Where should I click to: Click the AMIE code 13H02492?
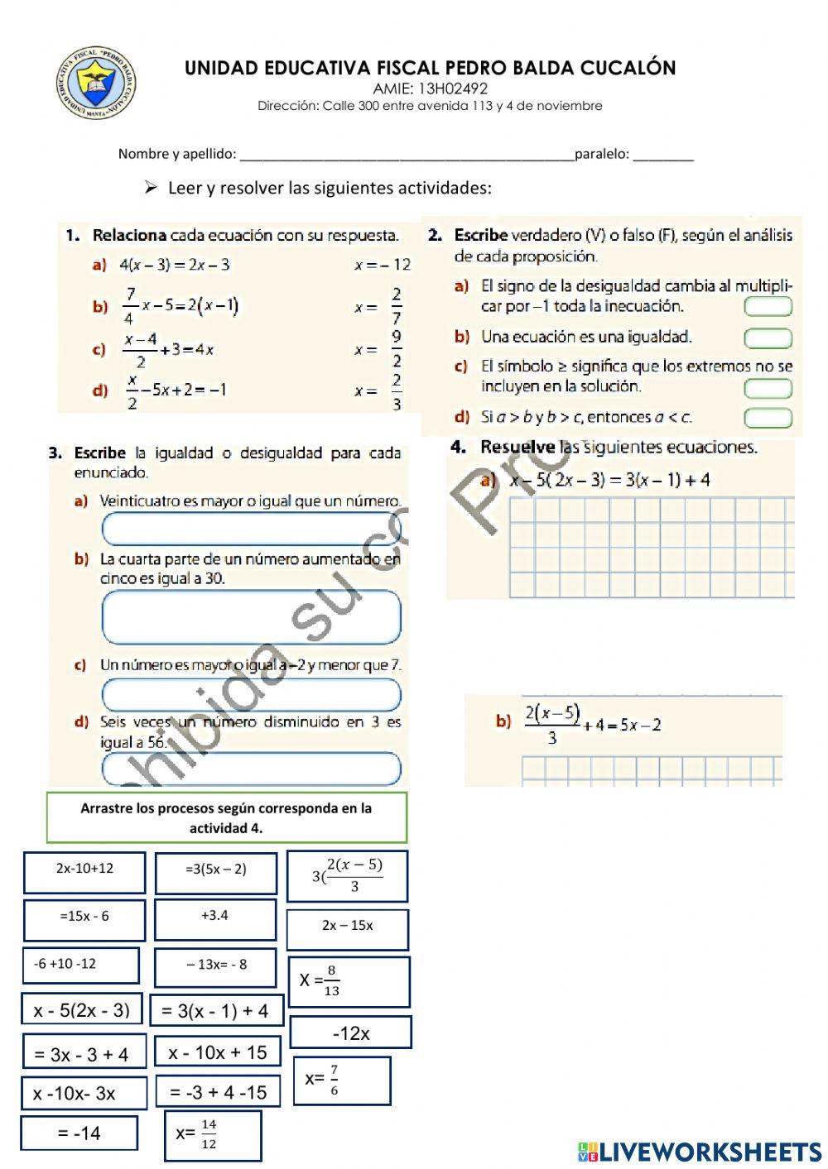[x=430, y=89]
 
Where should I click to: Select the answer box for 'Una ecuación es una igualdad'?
[x=768, y=338]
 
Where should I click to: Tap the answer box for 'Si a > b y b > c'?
[x=768, y=418]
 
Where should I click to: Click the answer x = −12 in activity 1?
[x=382, y=265]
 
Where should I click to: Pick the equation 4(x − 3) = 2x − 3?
[x=175, y=265]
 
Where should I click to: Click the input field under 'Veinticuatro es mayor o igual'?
[x=251, y=529]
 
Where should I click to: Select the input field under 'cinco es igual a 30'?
[x=251, y=617]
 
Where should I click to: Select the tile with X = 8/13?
[x=349, y=981]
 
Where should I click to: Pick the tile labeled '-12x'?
[x=351, y=1032]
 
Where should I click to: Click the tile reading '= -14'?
[x=79, y=1133]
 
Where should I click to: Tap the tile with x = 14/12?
[x=214, y=1135]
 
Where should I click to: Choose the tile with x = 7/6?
[x=340, y=1080]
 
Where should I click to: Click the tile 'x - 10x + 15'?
[x=218, y=1052]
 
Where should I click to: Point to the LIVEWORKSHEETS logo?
[x=699, y=1151]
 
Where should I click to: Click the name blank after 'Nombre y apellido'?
[x=406, y=154]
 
